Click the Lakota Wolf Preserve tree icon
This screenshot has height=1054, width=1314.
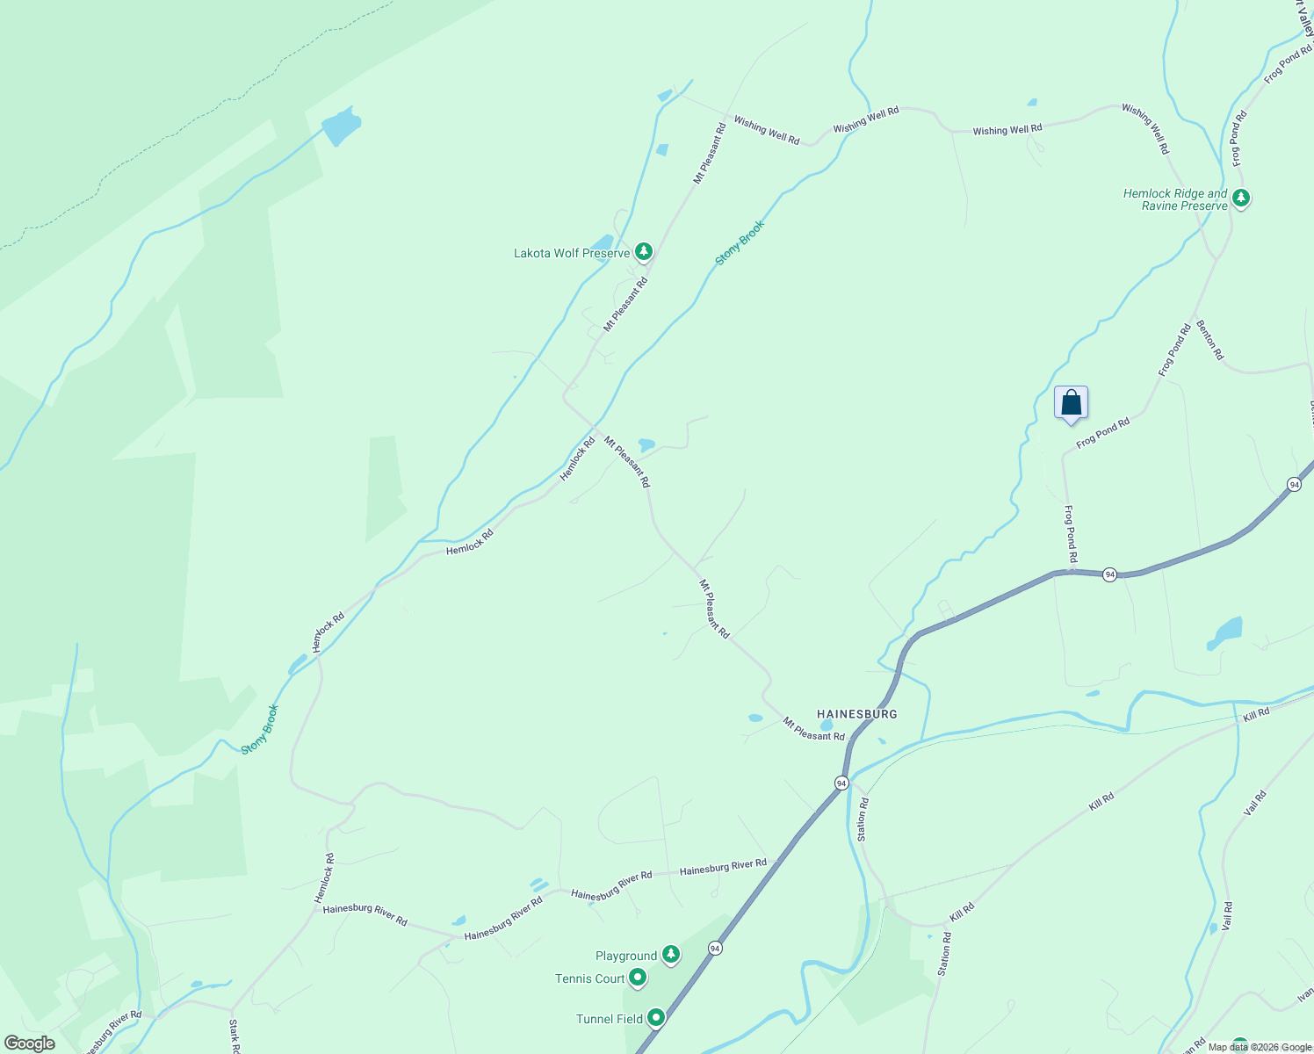pos(644,253)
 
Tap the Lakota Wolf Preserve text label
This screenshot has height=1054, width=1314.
pos(572,254)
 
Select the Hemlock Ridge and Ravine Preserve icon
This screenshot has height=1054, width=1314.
pos(1240,199)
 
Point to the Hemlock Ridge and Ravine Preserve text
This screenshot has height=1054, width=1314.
pos(1175,199)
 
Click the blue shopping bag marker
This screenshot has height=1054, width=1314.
pos(1071,403)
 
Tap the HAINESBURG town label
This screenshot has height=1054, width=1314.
pos(857,714)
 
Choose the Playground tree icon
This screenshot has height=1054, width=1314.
pos(671,955)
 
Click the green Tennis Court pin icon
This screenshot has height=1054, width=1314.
pos(639,978)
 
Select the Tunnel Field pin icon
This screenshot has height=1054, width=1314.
pos(656,1018)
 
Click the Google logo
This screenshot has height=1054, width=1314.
pos(29,1043)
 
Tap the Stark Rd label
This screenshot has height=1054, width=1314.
pos(235,1036)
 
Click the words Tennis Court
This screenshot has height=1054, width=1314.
pos(589,978)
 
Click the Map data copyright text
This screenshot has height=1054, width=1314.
pos(1260,1047)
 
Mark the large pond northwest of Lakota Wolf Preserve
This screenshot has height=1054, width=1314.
pos(341,128)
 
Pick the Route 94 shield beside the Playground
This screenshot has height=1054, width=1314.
pos(716,949)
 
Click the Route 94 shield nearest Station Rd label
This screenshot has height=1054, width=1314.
pos(841,783)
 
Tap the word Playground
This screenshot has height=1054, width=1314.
pos(626,956)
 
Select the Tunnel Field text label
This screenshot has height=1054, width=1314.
pos(610,1019)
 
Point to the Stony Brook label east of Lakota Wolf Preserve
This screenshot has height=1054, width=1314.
pos(740,242)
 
